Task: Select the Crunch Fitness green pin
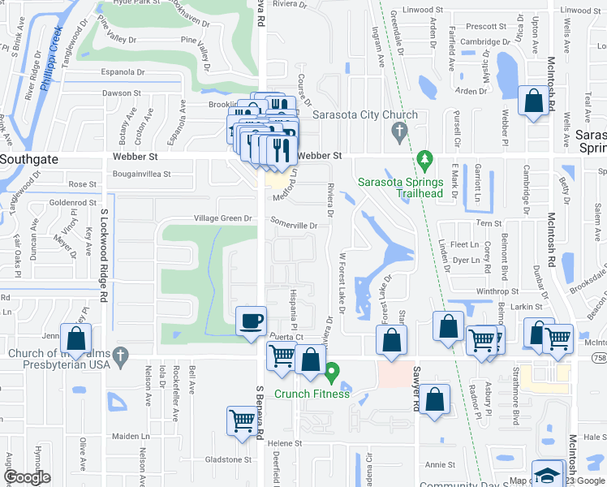tap(331, 374)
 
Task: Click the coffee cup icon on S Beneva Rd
tap(251, 321)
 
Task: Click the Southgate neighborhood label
tap(29, 160)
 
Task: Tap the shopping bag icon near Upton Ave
tap(535, 102)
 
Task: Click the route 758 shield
tap(598, 357)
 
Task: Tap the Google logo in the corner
tap(28, 477)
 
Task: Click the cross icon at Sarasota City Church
tap(398, 131)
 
